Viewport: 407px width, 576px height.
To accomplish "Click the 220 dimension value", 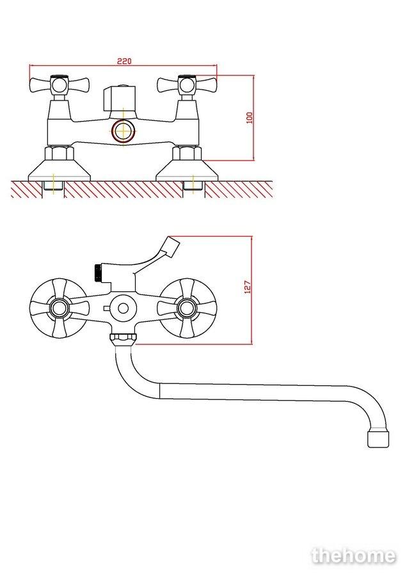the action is tap(124, 61).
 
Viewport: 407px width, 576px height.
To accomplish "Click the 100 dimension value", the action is tap(250, 118).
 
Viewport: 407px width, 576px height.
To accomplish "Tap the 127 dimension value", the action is tap(248, 287).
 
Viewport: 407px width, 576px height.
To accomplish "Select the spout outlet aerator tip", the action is tap(378, 438).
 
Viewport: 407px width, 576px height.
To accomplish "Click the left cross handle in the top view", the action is tap(59, 85).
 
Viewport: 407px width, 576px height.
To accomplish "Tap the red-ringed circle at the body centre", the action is tap(124, 131).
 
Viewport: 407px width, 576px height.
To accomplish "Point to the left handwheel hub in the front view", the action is tap(59, 308).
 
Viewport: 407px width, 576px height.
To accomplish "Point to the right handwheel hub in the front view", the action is tap(187, 308).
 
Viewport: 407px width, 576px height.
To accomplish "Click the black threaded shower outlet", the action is tap(98, 272).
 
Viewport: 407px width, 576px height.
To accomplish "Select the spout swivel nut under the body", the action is tap(123, 339).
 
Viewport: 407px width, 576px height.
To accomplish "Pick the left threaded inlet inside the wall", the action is tap(54, 186).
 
